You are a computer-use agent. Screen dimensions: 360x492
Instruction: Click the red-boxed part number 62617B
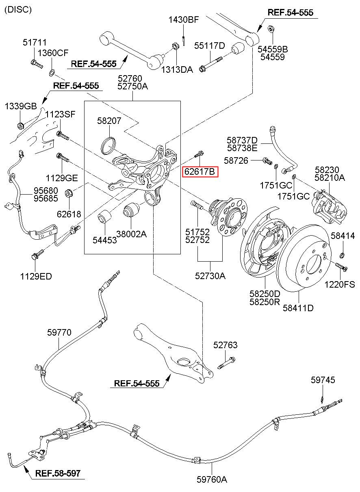[x=200, y=171]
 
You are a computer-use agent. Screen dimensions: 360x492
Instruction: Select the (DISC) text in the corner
[x=18, y=10]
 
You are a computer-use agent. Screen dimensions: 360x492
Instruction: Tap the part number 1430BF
[x=183, y=20]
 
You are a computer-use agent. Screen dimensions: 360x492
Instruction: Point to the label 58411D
[x=298, y=308]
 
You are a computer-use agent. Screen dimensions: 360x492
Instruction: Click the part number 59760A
[x=212, y=484]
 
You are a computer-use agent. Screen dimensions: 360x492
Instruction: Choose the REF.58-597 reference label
[x=58, y=473]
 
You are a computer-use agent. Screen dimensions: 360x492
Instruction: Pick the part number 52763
[x=226, y=345]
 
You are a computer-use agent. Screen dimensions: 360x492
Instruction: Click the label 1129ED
[x=36, y=276]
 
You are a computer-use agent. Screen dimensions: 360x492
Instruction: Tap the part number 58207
[x=109, y=121]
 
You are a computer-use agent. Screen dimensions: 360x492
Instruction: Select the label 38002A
[x=131, y=234]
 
